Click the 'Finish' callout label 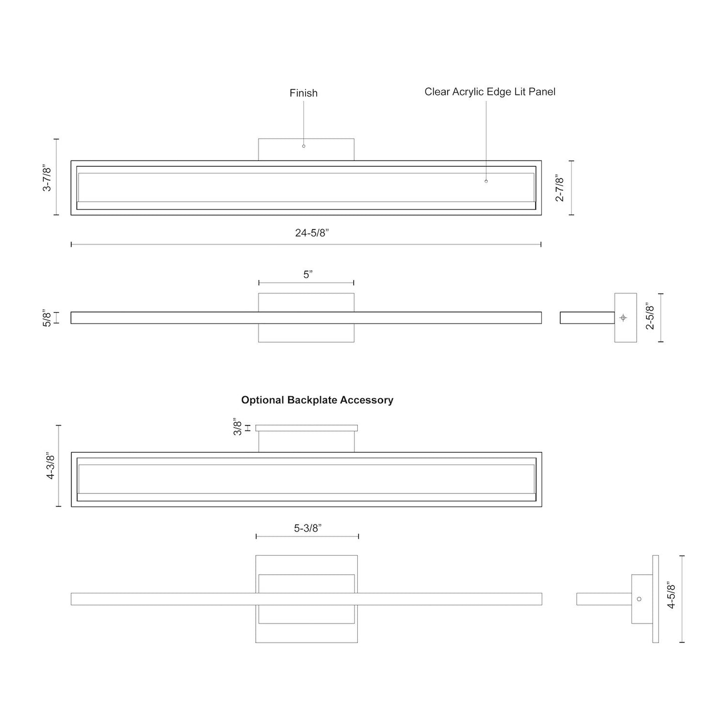[x=303, y=93]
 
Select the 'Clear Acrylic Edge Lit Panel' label [x=490, y=91]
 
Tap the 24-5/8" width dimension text [x=312, y=233]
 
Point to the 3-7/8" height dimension [x=47, y=177]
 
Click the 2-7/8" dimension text [x=560, y=188]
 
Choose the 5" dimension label [x=308, y=274]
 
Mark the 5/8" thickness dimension [x=47, y=318]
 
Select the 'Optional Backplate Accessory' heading [x=317, y=400]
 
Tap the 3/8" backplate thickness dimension [x=238, y=427]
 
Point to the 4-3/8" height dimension [x=50, y=466]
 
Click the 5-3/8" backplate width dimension [x=308, y=528]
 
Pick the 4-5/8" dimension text [x=672, y=596]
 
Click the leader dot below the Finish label [x=303, y=146]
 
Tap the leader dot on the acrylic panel [x=486, y=181]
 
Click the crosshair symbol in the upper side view [x=623, y=318]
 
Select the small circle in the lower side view [x=639, y=599]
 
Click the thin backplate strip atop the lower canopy [x=306, y=428]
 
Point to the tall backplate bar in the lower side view [x=655, y=599]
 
